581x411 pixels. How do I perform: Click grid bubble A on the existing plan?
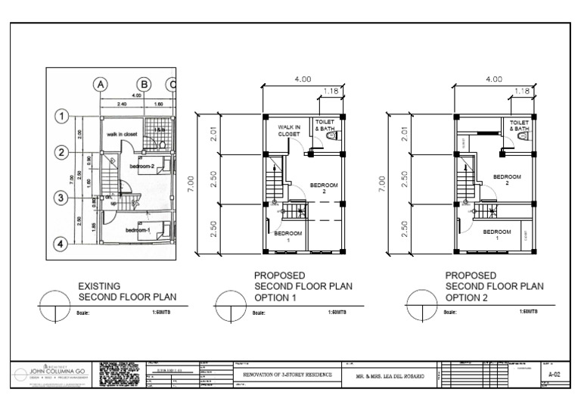pos(101,85)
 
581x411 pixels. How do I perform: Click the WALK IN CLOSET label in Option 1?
pos(289,130)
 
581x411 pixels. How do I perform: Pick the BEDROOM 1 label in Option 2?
pos(496,235)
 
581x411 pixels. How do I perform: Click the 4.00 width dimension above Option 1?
pos(303,78)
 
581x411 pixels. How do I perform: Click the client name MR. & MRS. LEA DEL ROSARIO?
pos(390,375)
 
